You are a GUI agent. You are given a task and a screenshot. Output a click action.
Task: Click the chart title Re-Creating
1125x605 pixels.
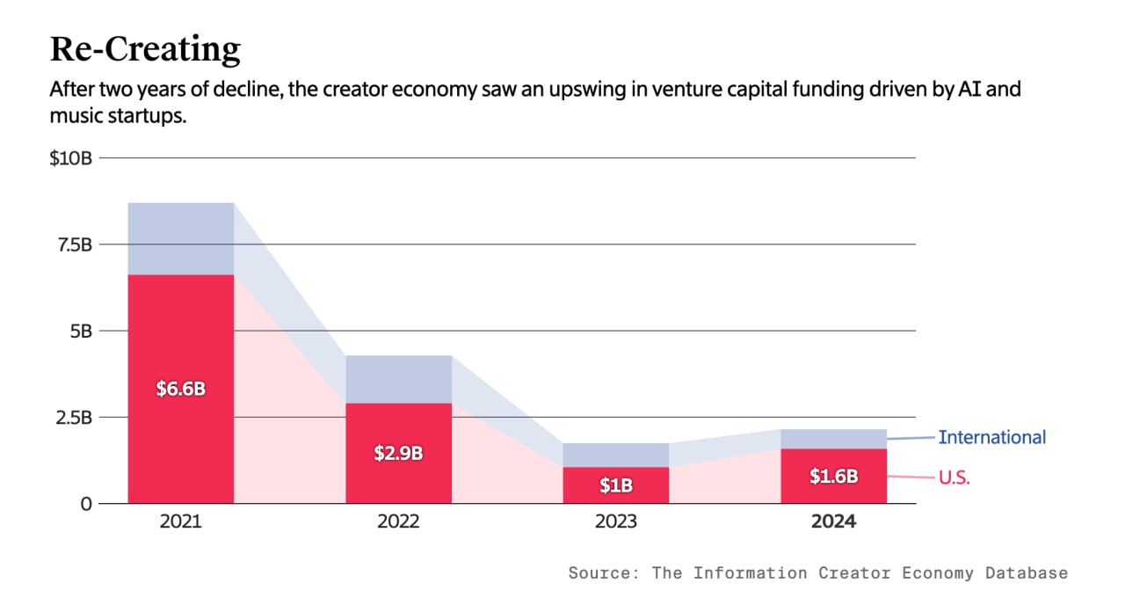coord(145,49)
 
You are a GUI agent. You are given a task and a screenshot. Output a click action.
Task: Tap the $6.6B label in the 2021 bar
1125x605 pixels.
coord(181,389)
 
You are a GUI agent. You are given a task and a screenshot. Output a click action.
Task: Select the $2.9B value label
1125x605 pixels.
coord(398,453)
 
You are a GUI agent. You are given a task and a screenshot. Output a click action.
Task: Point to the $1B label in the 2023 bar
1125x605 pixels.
coord(616,485)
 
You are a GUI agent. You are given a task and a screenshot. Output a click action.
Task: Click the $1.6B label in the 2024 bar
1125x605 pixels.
coord(834,476)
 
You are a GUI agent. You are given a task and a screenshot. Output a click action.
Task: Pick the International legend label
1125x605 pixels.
coord(992,437)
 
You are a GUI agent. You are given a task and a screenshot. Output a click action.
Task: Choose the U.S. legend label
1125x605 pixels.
coord(954,477)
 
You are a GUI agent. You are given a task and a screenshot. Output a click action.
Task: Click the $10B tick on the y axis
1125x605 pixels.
coord(71,158)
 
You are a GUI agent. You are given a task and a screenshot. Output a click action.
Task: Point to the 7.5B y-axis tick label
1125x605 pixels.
coord(75,244)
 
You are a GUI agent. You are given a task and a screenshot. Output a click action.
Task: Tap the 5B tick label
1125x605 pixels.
coord(82,332)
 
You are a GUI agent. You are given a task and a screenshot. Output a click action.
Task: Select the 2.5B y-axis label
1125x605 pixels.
coord(74,418)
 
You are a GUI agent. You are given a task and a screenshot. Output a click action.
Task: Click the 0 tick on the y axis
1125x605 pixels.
coord(86,504)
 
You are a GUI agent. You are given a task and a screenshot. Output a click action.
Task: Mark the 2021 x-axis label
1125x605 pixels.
coord(181,521)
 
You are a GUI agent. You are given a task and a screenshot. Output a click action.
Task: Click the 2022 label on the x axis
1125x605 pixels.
coord(398,521)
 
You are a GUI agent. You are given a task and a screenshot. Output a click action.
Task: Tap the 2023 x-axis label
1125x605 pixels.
coord(616,521)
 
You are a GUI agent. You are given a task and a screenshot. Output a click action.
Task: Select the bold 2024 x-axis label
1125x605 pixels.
coord(834,521)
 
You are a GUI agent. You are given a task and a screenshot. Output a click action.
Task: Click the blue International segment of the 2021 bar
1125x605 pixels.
coord(181,238)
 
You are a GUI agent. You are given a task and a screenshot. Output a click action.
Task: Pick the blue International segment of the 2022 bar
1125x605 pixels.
coord(398,379)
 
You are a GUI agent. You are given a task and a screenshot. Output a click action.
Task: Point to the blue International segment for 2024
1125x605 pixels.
coord(834,439)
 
